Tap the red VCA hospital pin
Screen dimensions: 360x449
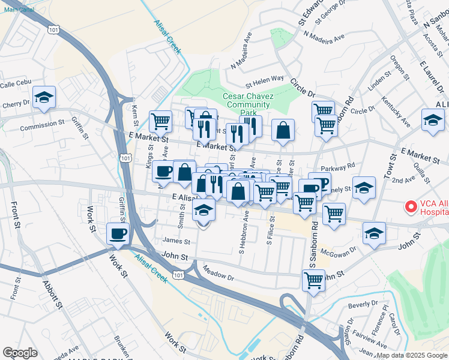tap(411, 207)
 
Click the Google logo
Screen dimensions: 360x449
tap(20, 352)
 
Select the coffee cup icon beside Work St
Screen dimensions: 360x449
tap(118, 233)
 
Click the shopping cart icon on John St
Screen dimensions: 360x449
tap(313, 280)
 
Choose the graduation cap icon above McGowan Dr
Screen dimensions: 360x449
tap(374, 232)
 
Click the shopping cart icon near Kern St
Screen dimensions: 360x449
tap(161, 121)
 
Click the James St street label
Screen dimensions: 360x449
tap(176, 242)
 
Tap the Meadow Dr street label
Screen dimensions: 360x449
tap(218, 273)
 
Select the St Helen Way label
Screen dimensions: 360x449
tap(264, 79)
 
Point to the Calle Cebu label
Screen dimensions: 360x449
tap(15, 85)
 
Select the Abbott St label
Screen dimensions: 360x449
tap(51, 294)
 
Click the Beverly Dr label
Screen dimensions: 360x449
tap(363, 305)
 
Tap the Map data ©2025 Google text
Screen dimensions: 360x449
tap(411, 355)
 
